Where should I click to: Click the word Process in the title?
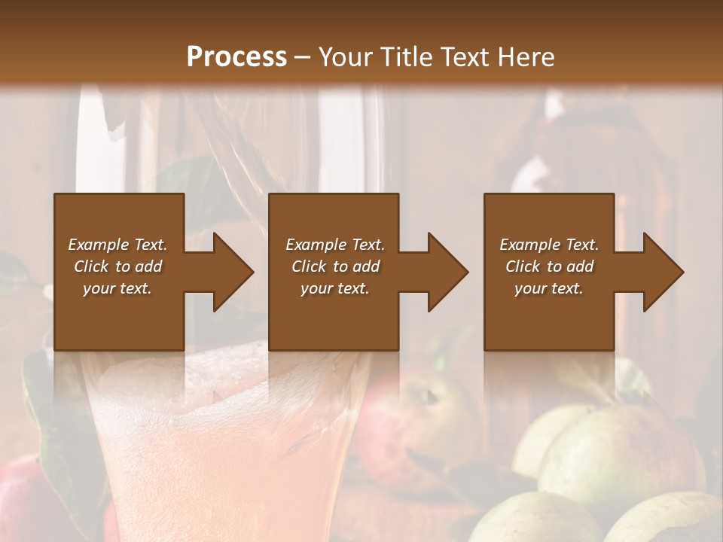(236, 56)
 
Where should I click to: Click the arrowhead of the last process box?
(663, 272)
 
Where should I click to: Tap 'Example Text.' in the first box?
(117, 245)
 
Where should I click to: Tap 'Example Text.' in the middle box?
(335, 245)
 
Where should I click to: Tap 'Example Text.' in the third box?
(549, 245)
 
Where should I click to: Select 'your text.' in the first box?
(117, 288)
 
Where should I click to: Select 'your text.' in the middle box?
(335, 288)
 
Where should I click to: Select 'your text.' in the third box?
(549, 288)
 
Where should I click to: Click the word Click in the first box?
(91, 266)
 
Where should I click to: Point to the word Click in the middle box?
(309, 266)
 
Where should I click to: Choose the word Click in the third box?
(523, 266)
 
